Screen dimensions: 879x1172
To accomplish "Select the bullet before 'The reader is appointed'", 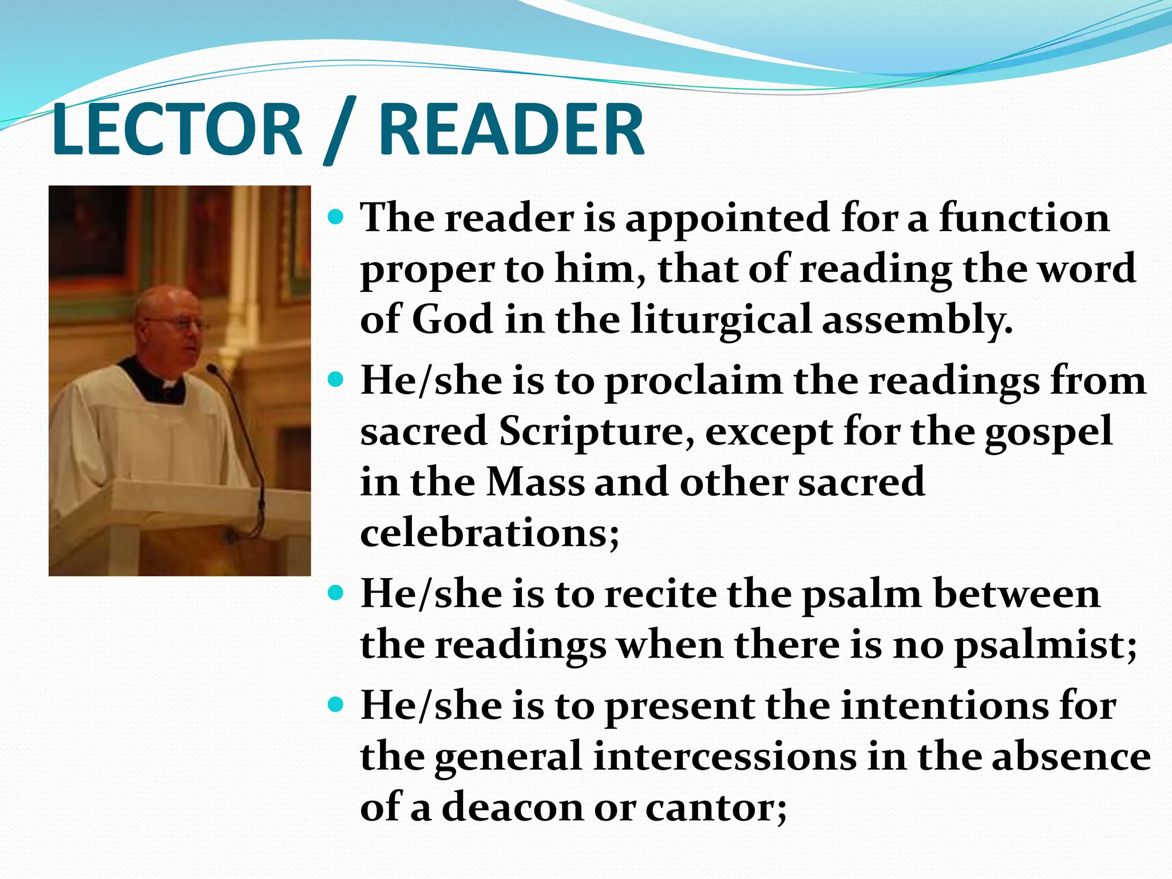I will (x=337, y=218).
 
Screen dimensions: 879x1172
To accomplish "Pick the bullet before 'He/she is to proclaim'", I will (x=337, y=379).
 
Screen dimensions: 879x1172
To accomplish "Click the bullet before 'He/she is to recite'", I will (x=337, y=593).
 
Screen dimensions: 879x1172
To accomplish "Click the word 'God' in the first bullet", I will (x=452, y=319).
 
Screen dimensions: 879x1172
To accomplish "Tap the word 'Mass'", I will (x=536, y=482).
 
